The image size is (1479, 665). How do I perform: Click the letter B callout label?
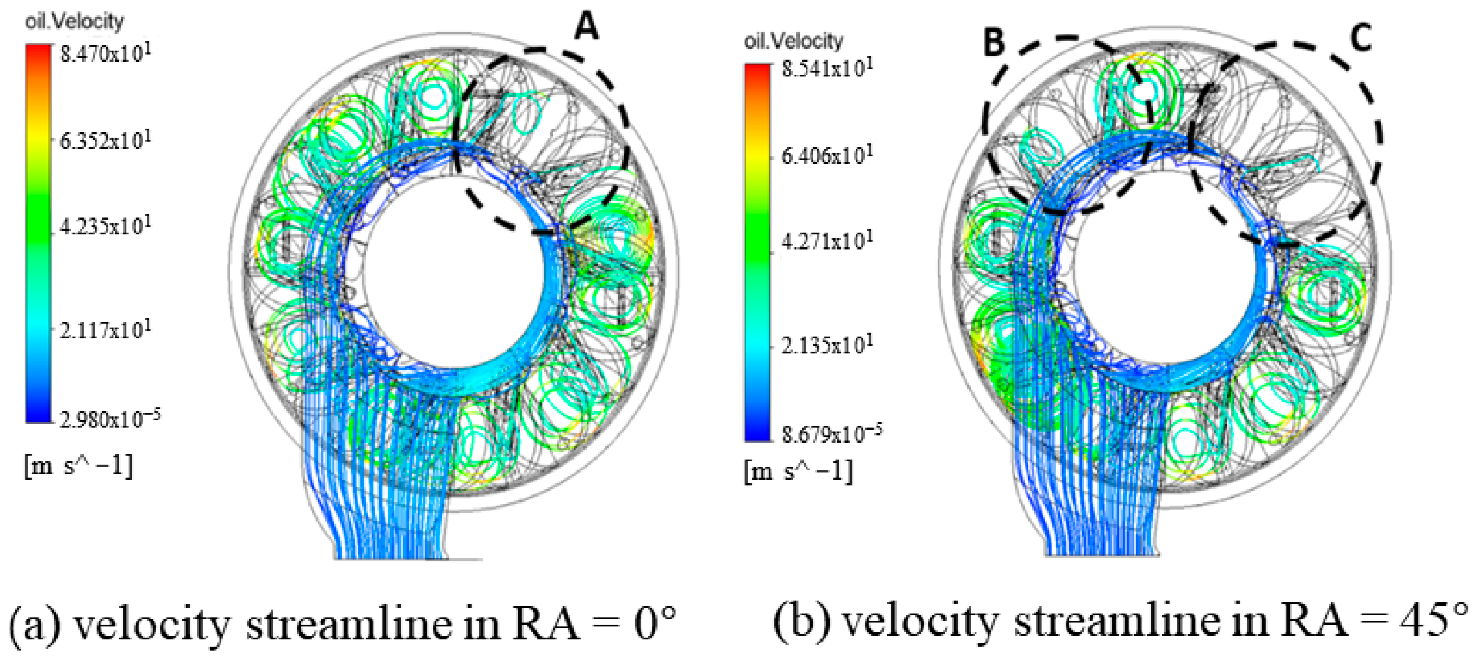tap(994, 43)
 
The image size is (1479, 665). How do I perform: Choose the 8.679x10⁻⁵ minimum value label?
tap(832, 433)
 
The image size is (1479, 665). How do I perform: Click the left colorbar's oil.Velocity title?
tap(74, 22)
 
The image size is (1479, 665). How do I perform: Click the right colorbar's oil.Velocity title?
tap(794, 41)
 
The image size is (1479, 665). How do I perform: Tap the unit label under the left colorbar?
tap(78, 465)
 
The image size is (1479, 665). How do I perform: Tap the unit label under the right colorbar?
tap(798, 471)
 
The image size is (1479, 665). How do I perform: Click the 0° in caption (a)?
tap(655, 623)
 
